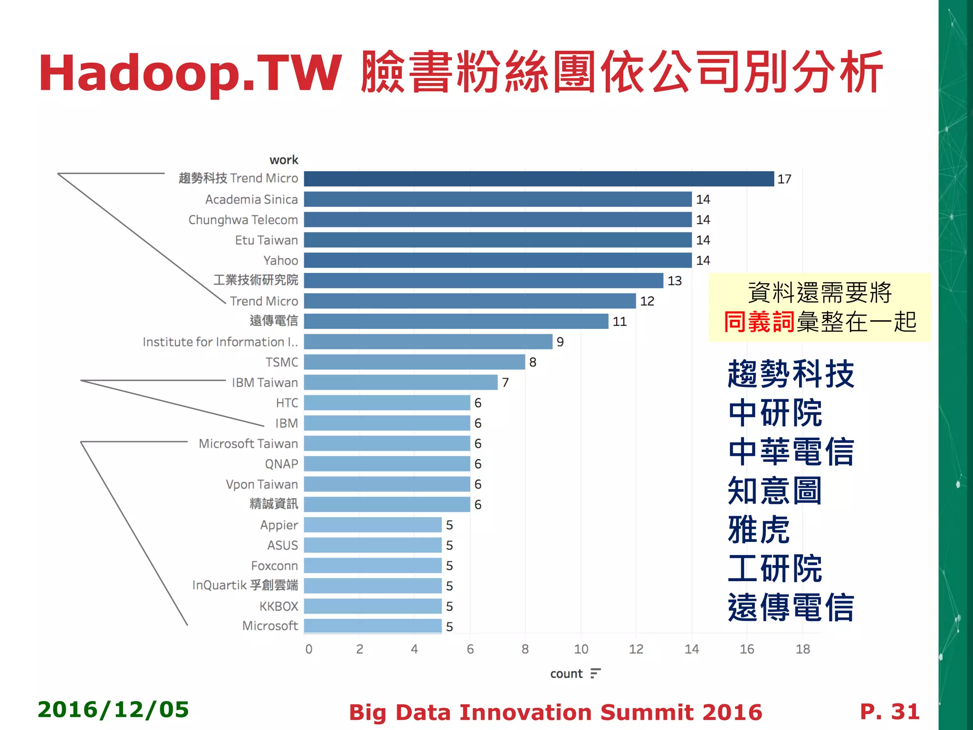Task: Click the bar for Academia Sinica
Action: [497, 199]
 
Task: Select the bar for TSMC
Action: [414, 362]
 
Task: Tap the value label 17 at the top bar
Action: [784, 179]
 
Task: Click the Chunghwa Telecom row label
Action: [243, 220]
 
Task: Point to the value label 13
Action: [674, 281]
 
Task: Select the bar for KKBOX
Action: [372, 606]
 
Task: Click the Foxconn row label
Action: [274, 566]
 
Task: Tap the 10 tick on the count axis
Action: [581, 649]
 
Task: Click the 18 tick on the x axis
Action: [802, 649]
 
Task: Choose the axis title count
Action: [566, 674]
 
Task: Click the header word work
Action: [284, 160]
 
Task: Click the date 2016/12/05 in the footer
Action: [113, 710]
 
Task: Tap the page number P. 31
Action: [889, 711]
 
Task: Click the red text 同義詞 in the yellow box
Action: [759, 322]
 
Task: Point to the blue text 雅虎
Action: [759, 529]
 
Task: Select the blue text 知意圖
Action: [774, 490]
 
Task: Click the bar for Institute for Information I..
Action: [428, 342]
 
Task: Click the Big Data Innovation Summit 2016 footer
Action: [555, 712]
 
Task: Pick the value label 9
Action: [560, 342]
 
